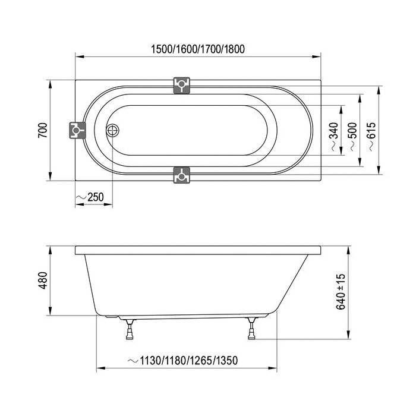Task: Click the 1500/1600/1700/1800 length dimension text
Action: pyautogui.click(x=198, y=49)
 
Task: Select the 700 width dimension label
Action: pyautogui.click(x=43, y=130)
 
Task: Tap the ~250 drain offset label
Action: pyautogui.click(x=90, y=197)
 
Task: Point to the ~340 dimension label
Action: pyautogui.click(x=335, y=137)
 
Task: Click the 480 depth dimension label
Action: pyautogui.click(x=43, y=281)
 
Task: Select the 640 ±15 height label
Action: pyautogui.click(x=341, y=292)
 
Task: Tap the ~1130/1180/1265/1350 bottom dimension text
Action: pyautogui.click(x=183, y=361)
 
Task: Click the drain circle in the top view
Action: pyautogui.click(x=113, y=131)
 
